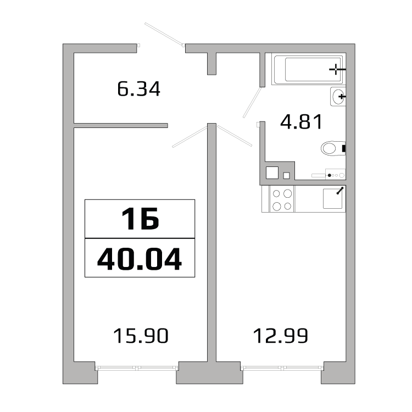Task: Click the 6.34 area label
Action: tap(139, 88)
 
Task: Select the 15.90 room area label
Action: tap(140, 335)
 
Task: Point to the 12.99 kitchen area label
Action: tap(280, 335)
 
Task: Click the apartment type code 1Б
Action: tap(140, 219)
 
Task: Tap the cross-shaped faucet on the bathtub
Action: tap(337, 69)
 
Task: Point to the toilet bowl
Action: tap(332, 148)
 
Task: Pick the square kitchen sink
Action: tap(333, 198)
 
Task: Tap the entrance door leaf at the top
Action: tap(164, 35)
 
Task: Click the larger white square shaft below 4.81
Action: tap(272, 172)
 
